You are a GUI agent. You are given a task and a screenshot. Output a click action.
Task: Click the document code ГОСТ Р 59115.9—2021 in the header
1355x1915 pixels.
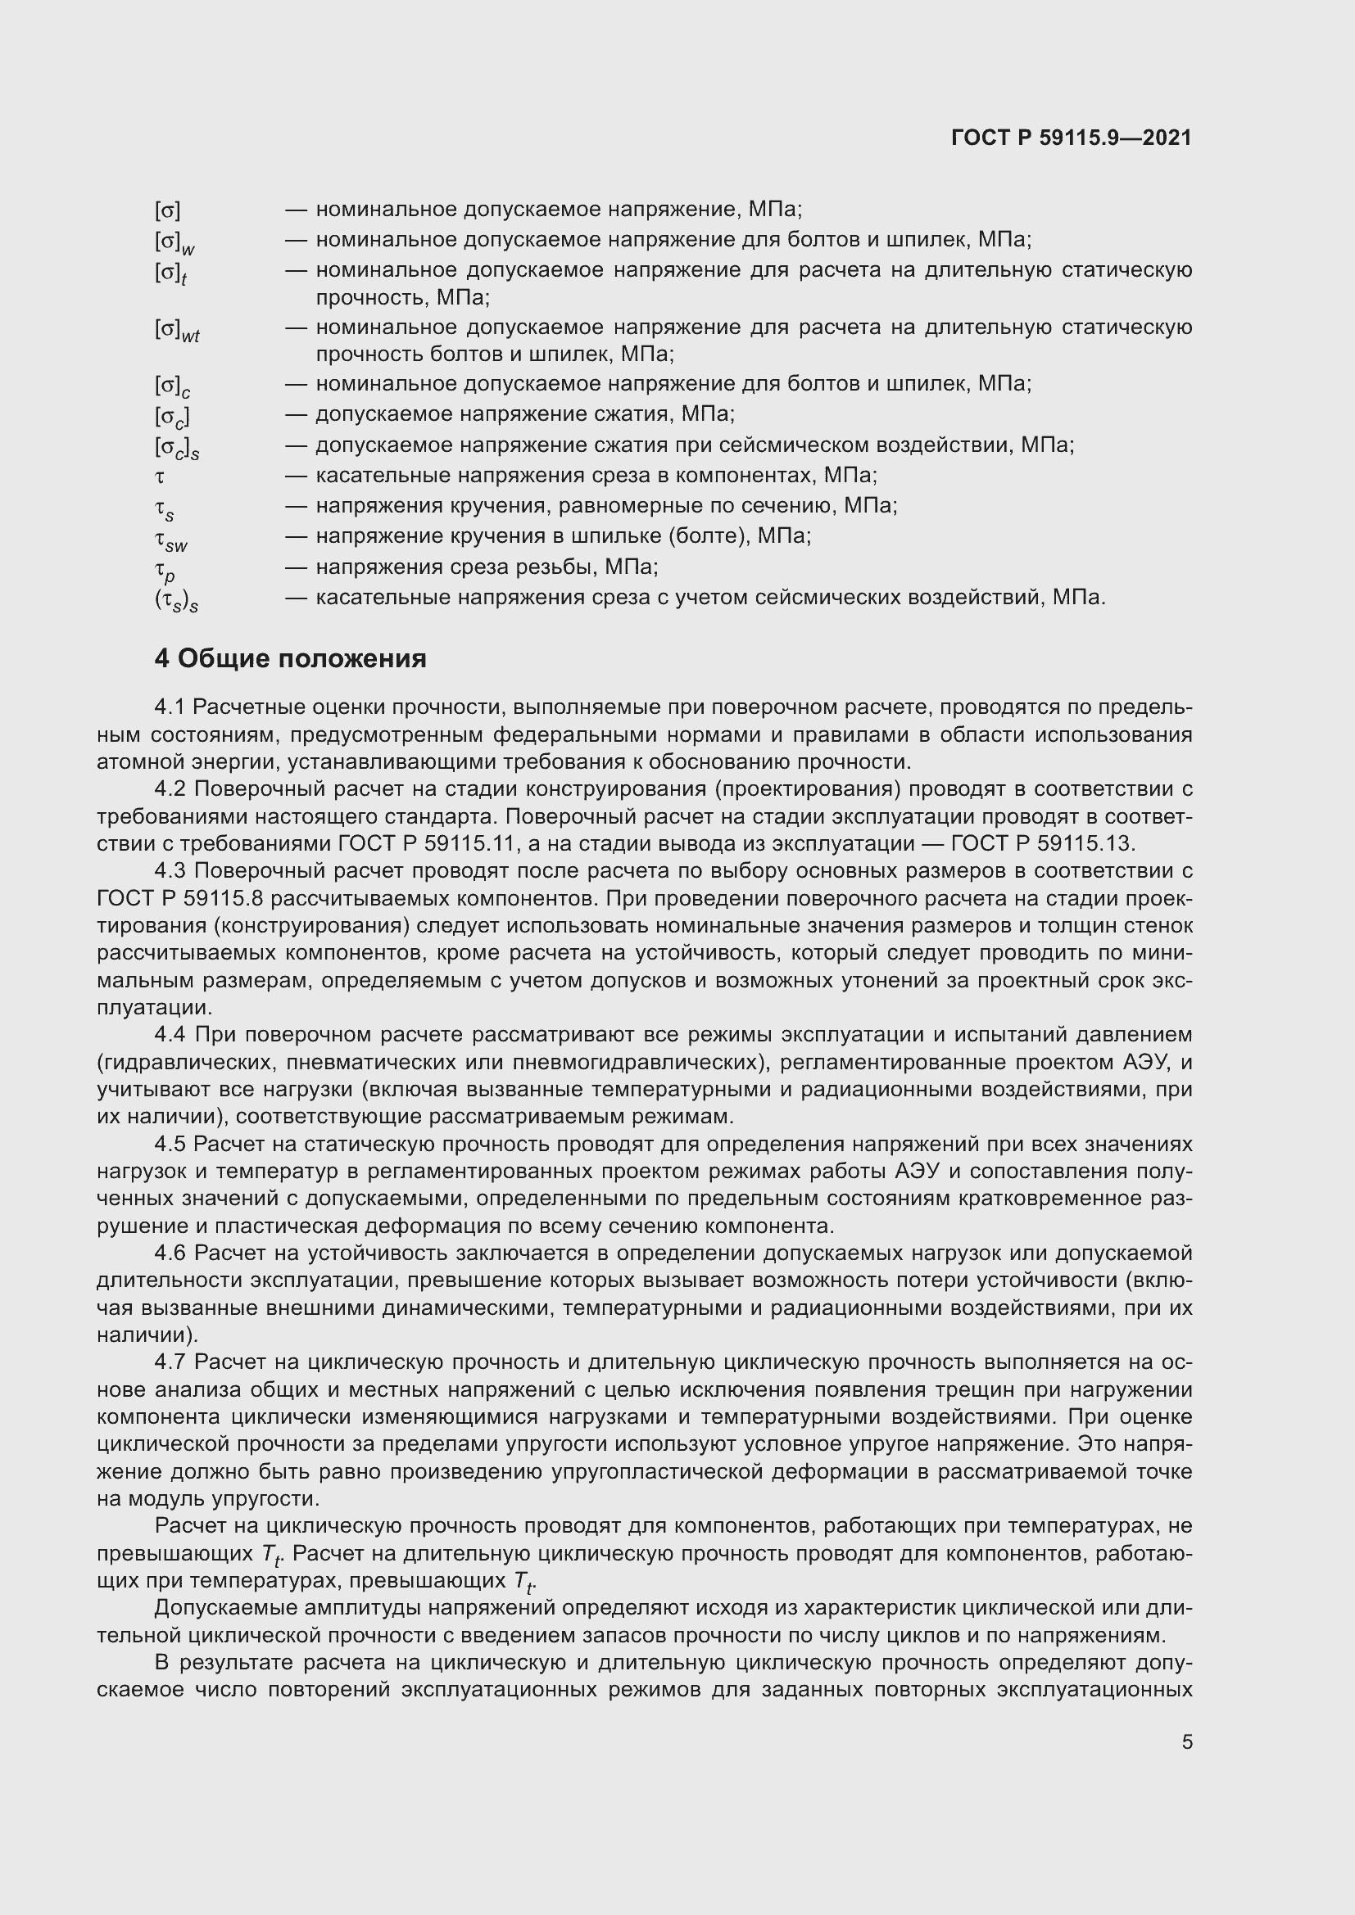[x=1072, y=138]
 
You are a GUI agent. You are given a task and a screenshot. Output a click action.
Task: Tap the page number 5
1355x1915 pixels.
[x=1186, y=1742]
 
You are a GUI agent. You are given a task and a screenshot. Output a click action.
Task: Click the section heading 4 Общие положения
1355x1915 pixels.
[x=290, y=659]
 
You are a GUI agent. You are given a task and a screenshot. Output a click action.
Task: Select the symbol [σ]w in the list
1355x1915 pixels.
[x=174, y=242]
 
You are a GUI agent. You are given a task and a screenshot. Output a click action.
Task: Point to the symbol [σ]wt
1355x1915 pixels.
[x=177, y=329]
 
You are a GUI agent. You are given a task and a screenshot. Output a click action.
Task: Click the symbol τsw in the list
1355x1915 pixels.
[x=170, y=540]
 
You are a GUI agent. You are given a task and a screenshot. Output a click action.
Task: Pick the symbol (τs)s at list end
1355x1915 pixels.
[x=176, y=600]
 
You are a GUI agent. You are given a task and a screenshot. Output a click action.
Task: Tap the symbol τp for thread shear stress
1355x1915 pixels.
[x=165, y=571]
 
